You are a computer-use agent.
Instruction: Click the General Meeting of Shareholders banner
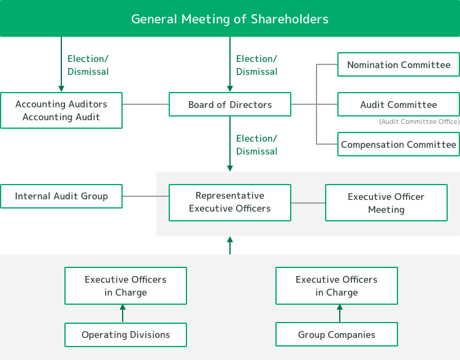(x=230, y=18)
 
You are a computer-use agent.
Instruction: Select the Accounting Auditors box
(x=61, y=110)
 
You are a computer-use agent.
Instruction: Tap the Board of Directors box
(x=230, y=104)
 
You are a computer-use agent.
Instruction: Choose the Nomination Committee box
(x=399, y=64)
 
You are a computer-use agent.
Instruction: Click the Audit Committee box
(x=399, y=104)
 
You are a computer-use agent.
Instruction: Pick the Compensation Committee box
(x=399, y=144)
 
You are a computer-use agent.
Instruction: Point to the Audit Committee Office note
(x=420, y=121)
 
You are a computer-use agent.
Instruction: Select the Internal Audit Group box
(x=61, y=196)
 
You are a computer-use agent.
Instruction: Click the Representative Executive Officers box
(x=230, y=202)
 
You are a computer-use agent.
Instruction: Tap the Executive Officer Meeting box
(x=386, y=202)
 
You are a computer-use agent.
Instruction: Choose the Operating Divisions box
(x=126, y=335)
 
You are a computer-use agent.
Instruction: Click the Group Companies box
(x=337, y=334)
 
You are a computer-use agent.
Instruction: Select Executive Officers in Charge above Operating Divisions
(x=126, y=286)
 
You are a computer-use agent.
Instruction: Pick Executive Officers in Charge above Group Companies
(x=337, y=286)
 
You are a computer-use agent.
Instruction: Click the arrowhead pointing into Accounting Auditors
(x=61, y=88)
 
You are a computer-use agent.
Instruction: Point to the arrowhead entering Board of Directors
(x=230, y=88)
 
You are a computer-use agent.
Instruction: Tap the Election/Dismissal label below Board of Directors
(x=257, y=145)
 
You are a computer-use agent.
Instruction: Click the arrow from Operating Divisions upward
(x=123, y=313)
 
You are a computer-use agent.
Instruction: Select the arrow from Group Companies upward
(x=340, y=313)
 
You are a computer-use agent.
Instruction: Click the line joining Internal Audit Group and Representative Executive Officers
(x=145, y=196)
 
